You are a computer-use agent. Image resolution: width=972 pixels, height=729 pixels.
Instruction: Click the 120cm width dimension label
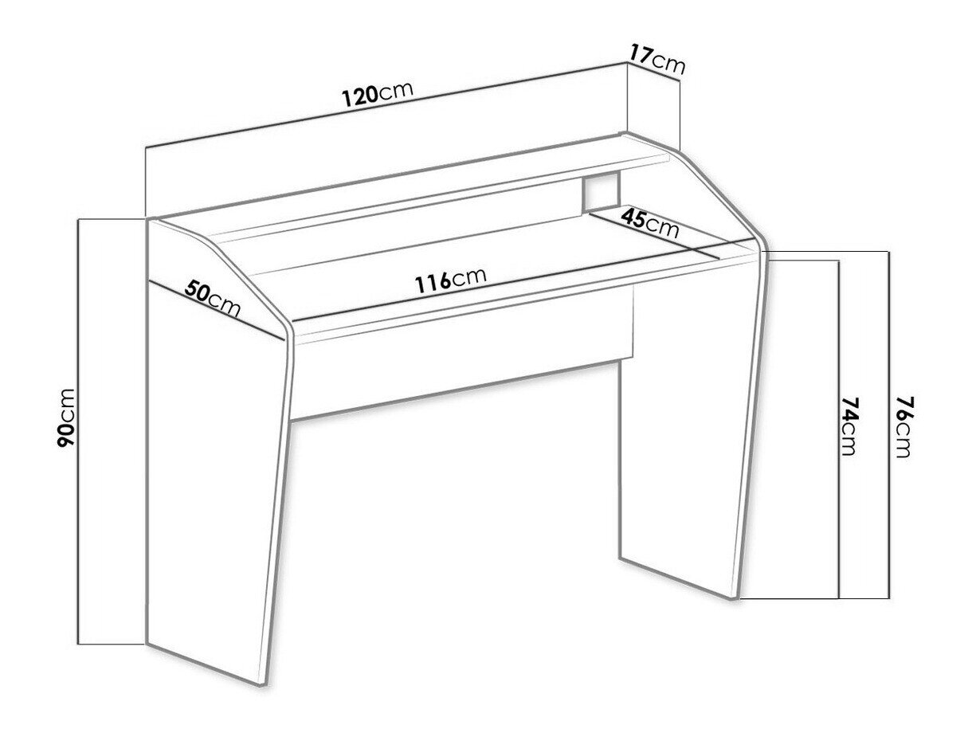pyautogui.click(x=378, y=94)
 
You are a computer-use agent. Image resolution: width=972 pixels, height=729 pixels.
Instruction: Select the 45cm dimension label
pyautogui.click(x=649, y=224)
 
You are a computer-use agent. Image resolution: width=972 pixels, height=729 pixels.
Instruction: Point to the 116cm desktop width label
pyautogui.click(x=450, y=280)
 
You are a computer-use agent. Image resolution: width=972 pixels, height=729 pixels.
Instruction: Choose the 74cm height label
pyautogui.click(x=848, y=426)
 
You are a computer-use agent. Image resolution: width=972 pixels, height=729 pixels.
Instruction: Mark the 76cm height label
pyautogui.click(x=903, y=427)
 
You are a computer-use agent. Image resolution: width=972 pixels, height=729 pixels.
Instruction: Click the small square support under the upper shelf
pyautogui.click(x=601, y=191)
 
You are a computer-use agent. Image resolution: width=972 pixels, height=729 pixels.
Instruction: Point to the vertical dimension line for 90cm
pyautogui.click(x=78, y=432)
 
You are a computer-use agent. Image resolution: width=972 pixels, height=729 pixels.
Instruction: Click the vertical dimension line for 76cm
pyautogui.click(x=888, y=425)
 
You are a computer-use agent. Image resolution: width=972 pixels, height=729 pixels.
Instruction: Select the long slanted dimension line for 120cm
pyautogui.click(x=386, y=106)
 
